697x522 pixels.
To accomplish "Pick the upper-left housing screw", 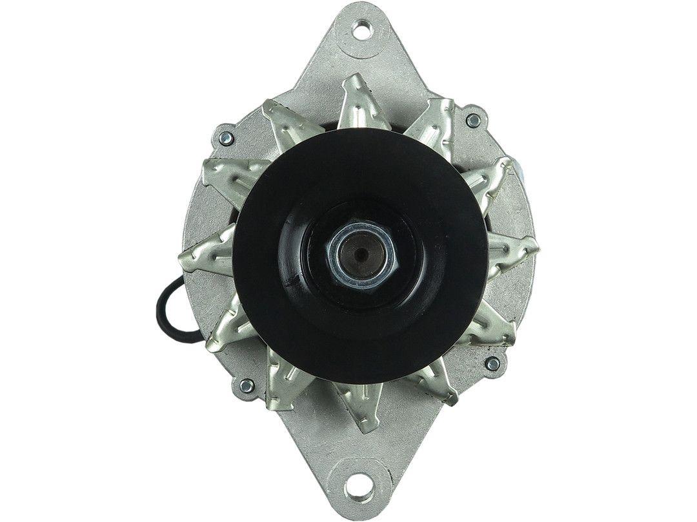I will pos(227,137).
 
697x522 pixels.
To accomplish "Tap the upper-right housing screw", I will pos(473,120).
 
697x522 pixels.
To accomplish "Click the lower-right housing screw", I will pos(492,364).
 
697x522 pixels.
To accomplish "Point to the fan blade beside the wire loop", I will pos(223,329).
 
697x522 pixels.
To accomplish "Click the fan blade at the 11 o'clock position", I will pos(284,126).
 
